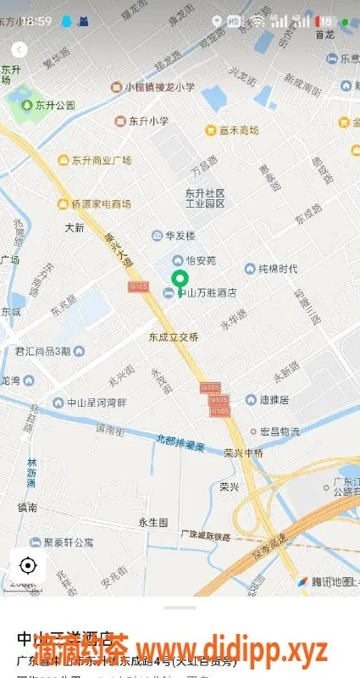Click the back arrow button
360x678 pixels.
click(x=19, y=51)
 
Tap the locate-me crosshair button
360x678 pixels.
click(x=27, y=565)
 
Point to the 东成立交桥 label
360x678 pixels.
click(x=173, y=336)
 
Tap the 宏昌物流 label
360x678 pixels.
click(x=280, y=431)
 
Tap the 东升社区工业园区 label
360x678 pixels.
click(x=205, y=198)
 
